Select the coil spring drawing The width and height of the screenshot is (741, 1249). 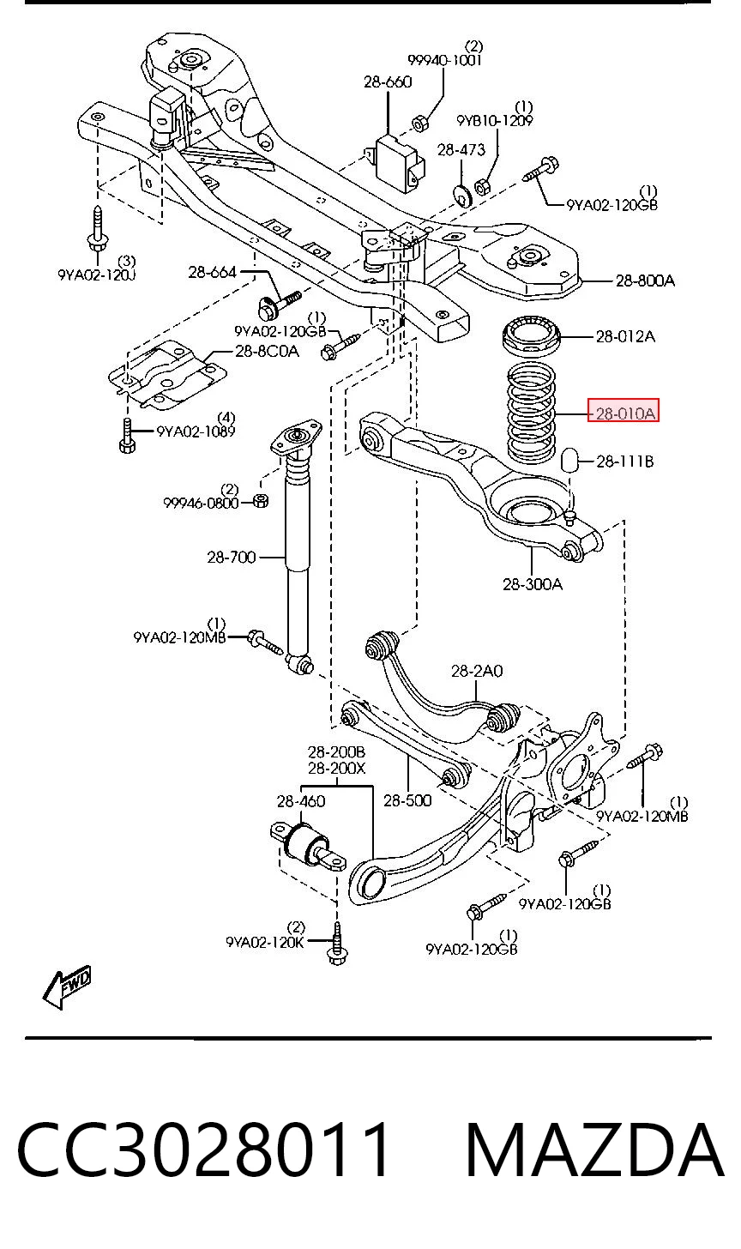pos(532,412)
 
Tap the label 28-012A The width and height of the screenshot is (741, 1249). pos(625,336)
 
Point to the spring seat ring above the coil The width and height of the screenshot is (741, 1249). pos(532,335)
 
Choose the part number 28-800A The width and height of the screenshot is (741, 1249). pos(645,281)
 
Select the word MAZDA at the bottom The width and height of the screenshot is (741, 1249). pos(594,1150)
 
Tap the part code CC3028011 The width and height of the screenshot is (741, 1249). pos(204,1150)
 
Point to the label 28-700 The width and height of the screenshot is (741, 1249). pos(232,557)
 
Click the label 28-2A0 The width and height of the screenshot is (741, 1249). pos(477,671)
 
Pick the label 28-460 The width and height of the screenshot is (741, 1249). pos(301,801)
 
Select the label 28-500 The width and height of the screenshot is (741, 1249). pos(407,800)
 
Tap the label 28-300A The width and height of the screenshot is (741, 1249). pos(533,584)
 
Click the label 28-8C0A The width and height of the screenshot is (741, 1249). pos(267,352)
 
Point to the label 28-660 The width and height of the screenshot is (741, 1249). pos(388,82)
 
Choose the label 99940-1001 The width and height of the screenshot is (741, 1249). pos(444,60)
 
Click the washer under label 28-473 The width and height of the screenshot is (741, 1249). pos(462,194)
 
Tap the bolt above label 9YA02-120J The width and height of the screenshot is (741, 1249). pos(98,232)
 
